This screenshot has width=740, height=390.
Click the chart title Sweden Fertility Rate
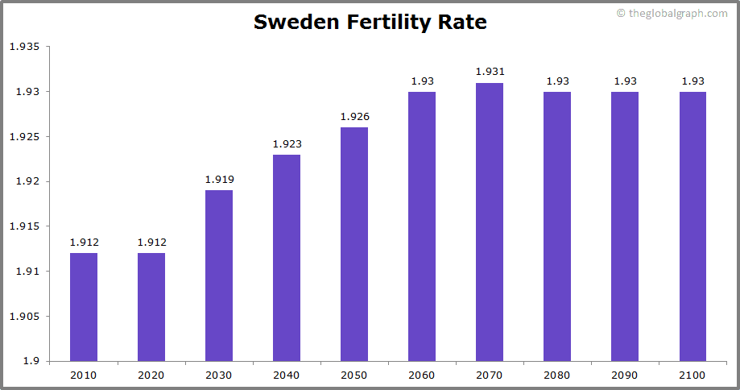(370, 22)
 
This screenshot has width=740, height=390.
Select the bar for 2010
(84, 306)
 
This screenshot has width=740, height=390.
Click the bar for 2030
(219, 275)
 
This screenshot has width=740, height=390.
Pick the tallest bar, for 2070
(490, 222)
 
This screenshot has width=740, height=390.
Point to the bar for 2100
(692, 226)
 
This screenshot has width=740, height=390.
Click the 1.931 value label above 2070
(490, 72)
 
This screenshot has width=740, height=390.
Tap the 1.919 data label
(219, 180)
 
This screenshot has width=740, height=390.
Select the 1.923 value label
(287, 143)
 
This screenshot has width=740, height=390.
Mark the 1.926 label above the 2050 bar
(354, 117)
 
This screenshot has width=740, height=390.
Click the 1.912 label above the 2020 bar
(151, 243)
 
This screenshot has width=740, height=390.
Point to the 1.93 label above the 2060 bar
(422, 81)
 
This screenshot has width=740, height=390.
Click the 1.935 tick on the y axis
(23, 47)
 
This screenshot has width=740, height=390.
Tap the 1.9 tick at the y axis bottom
(30, 361)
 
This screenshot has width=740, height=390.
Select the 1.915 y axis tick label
(23, 226)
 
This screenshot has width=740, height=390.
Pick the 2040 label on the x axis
(287, 375)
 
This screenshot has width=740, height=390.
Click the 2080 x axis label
(557, 375)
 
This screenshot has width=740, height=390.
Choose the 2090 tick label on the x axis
(625, 375)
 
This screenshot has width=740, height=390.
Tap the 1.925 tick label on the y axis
(23, 136)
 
